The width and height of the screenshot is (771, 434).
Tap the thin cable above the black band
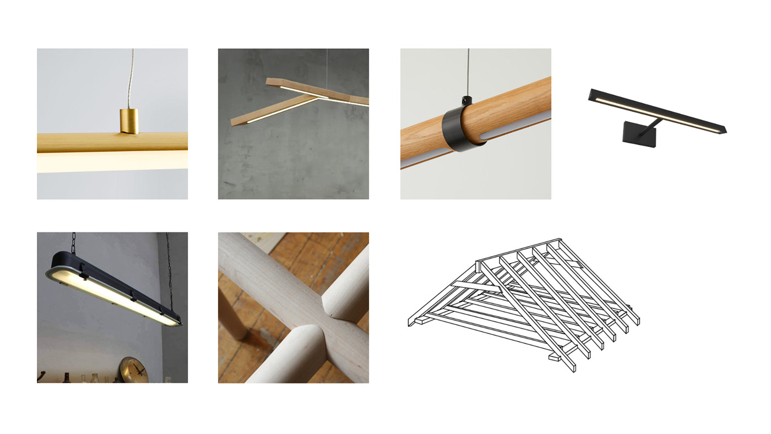coord(468,72)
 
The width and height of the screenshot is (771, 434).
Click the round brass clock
coord(134,370)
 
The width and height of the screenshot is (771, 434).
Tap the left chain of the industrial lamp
coord(73,242)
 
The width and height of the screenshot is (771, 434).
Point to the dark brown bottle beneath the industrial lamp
coord(66,378)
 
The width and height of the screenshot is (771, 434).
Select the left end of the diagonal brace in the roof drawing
coord(453,284)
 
